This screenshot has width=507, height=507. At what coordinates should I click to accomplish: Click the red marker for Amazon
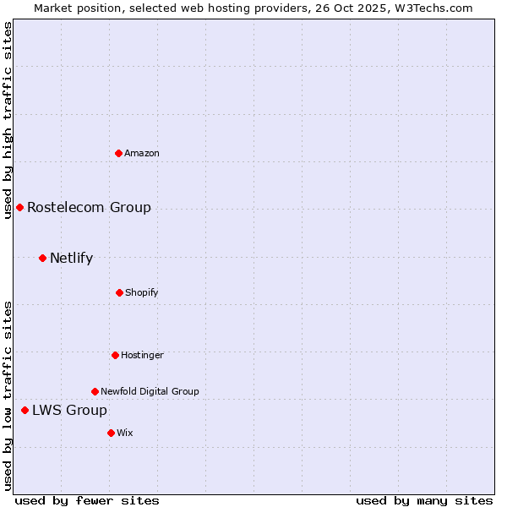tap(119, 153)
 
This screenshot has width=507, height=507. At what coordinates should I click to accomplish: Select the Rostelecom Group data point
tap(19, 207)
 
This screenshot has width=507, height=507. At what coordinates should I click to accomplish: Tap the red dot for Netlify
tap(42, 258)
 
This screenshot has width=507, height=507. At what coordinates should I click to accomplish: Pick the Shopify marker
tap(119, 292)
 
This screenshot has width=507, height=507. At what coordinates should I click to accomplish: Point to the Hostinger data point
tap(115, 355)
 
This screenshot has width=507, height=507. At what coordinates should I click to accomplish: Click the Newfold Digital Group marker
tap(95, 391)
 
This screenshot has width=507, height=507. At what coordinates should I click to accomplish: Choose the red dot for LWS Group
tap(25, 410)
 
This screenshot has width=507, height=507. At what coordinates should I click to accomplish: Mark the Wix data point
tap(111, 433)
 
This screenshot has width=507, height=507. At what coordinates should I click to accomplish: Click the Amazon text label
tap(142, 153)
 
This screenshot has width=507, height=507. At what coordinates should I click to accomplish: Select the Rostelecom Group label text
tap(89, 207)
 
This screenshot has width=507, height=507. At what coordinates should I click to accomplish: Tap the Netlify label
tap(71, 258)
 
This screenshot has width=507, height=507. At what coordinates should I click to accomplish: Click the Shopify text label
tap(142, 292)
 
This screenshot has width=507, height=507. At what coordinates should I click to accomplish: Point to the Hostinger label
tap(142, 355)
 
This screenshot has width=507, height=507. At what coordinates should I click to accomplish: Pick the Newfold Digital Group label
tap(150, 391)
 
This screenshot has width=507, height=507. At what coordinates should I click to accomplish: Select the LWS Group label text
tap(69, 410)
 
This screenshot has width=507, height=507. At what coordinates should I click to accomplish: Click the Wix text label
tap(125, 433)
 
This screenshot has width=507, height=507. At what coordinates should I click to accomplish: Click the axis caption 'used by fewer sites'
tap(87, 500)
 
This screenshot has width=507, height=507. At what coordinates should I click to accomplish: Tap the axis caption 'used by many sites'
tap(424, 500)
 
